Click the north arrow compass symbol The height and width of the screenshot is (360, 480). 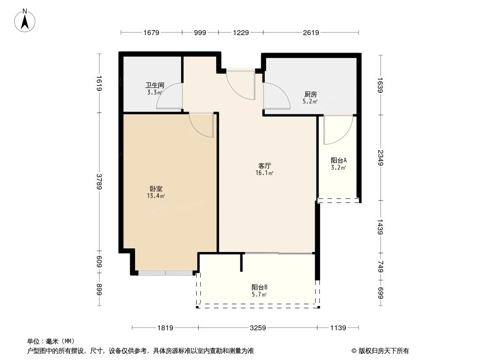26,20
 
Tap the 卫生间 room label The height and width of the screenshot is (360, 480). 154,85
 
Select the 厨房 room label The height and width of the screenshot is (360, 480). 311,94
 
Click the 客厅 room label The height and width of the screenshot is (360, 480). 264,166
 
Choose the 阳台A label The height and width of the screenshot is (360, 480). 338,160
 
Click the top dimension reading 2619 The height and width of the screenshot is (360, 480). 311,32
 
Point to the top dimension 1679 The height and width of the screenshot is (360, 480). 151,32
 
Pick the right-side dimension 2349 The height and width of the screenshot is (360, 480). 381,157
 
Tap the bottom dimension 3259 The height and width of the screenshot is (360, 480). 258,328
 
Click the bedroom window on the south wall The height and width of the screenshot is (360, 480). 165,273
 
